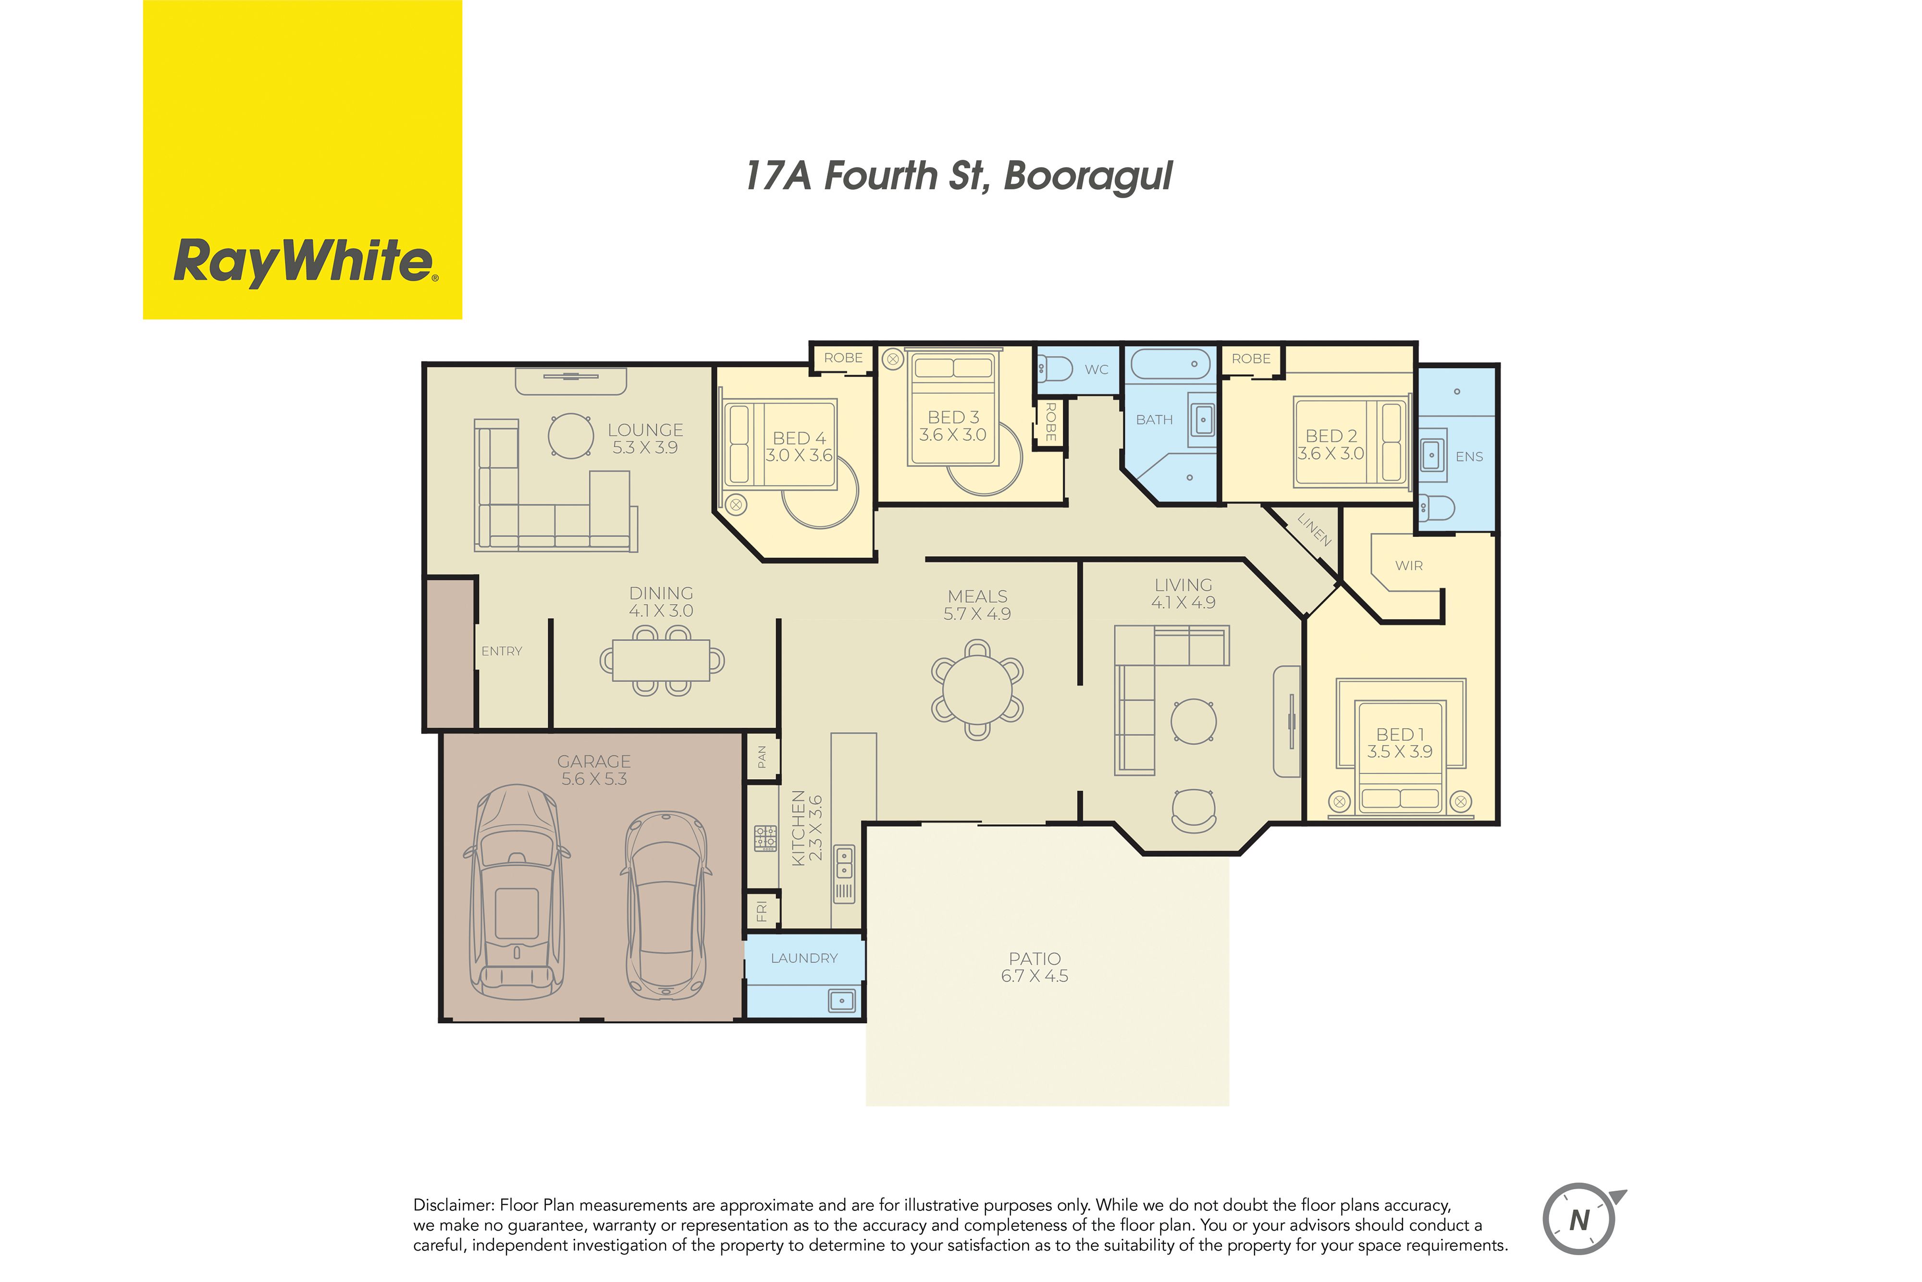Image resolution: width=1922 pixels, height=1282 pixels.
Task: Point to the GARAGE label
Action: [x=594, y=761]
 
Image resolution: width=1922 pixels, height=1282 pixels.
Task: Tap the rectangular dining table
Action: [x=661, y=660]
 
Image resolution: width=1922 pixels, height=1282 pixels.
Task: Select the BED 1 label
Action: [x=1400, y=734]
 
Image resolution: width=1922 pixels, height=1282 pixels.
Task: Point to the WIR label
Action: [x=1409, y=566]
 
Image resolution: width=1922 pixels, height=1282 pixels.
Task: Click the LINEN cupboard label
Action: [x=1314, y=530]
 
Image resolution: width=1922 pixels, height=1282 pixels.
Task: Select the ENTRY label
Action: [x=502, y=651]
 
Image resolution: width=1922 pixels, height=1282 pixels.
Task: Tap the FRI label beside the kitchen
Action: [x=762, y=911]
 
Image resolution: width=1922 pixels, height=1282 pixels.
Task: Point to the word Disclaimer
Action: [x=454, y=1205]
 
